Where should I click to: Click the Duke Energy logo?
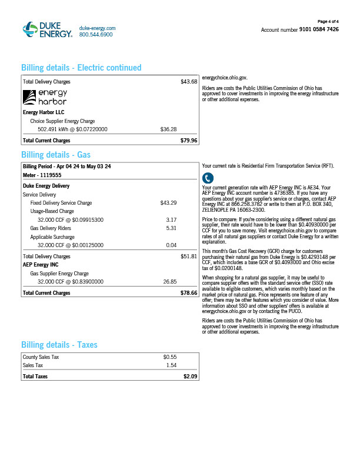47,30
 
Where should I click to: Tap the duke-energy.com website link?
97,28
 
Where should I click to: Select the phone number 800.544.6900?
95,35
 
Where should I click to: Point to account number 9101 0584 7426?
319,29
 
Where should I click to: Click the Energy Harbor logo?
45,97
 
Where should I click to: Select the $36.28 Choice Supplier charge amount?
168,129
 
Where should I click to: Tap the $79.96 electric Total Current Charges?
189,141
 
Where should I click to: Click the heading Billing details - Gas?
56,155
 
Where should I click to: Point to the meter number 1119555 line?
42,175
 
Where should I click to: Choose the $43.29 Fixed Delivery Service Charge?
168,203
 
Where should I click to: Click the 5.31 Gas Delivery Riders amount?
171,228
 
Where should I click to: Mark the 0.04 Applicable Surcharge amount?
171,245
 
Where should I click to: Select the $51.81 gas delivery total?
189,257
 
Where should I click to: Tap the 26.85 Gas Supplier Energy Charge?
169,282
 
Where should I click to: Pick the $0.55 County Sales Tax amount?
169,357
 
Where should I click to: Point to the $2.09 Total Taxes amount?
190,376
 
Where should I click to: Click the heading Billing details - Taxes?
59,345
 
